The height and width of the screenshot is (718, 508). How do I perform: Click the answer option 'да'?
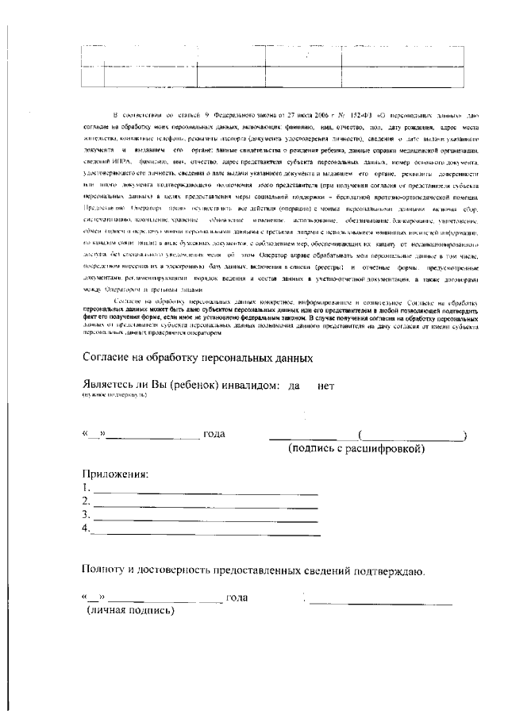(294, 386)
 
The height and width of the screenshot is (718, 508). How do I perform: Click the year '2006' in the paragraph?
(283, 116)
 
